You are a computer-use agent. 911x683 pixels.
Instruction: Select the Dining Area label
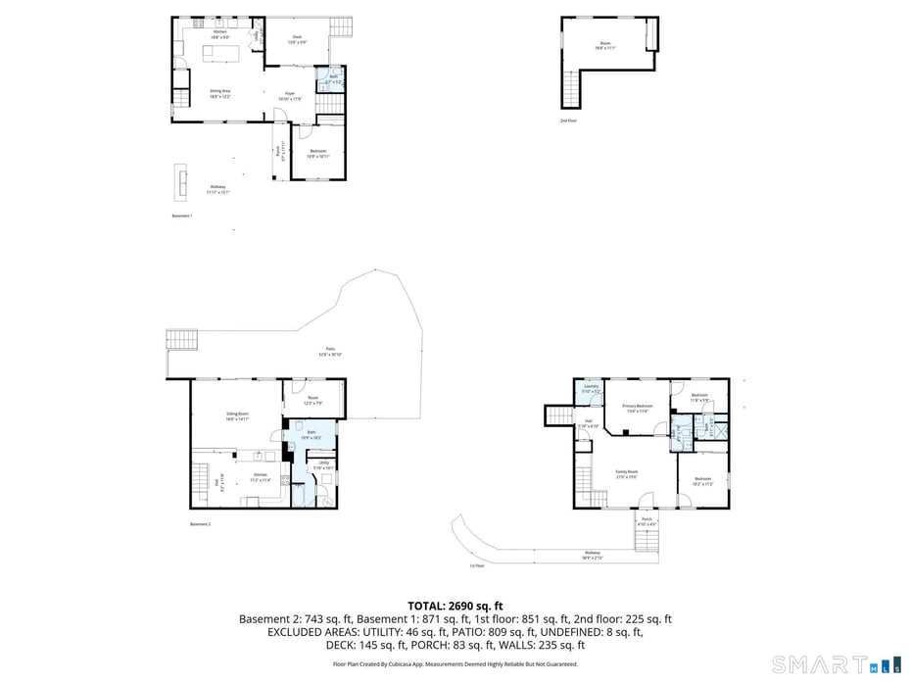point(219,93)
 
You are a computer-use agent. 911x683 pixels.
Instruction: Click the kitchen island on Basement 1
point(221,54)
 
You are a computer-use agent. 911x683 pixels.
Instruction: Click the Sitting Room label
point(237,415)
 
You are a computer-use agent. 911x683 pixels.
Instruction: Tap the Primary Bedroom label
point(637,408)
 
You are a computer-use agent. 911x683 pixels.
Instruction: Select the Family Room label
point(627,474)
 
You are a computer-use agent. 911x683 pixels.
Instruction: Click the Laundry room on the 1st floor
point(591,389)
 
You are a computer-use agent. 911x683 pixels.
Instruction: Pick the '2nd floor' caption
point(568,121)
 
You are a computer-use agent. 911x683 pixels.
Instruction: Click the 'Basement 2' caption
point(201,524)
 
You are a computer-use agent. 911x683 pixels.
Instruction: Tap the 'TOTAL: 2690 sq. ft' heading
point(455,606)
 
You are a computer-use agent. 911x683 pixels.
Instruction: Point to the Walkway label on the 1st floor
point(592,554)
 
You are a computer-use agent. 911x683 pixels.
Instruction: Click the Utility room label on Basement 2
point(323,464)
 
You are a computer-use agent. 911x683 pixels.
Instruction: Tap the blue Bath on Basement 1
point(333,79)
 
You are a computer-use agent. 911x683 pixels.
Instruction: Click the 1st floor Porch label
point(647,521)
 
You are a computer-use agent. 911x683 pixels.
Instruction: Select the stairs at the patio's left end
point(182,339)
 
